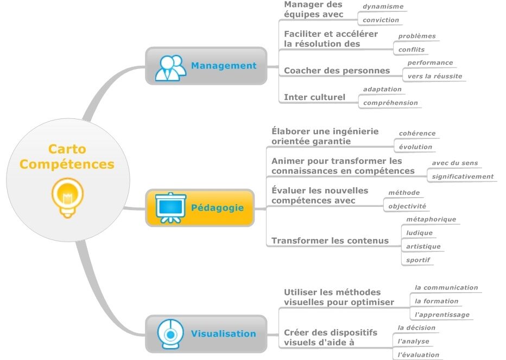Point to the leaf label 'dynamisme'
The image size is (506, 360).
click(x=383, y=7)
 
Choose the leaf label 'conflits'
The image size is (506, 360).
click(x=411, y=49)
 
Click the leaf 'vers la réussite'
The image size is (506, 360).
click(x=434, y=76)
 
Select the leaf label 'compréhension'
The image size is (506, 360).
click(x=390, y=103)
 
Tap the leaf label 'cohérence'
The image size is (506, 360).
click(x=417, y=133)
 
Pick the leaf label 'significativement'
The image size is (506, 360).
click(x=463, y=176)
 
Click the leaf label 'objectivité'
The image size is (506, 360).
click(x=407, y=206)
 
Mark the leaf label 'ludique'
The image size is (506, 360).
click(x=419, y=233)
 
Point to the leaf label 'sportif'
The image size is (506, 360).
click(x=418, y=260)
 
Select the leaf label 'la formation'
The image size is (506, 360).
click(x=436, y=301)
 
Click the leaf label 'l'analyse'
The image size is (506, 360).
click(x=413, y=341)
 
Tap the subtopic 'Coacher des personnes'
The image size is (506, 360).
click(x=337, y=71)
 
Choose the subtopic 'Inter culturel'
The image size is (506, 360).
click(x=314, y=98)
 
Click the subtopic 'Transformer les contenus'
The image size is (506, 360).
click(x=330, y=241)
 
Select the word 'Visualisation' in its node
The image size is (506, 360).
click(x=223, y=334)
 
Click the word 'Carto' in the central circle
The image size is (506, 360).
click(x=67, y=149)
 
